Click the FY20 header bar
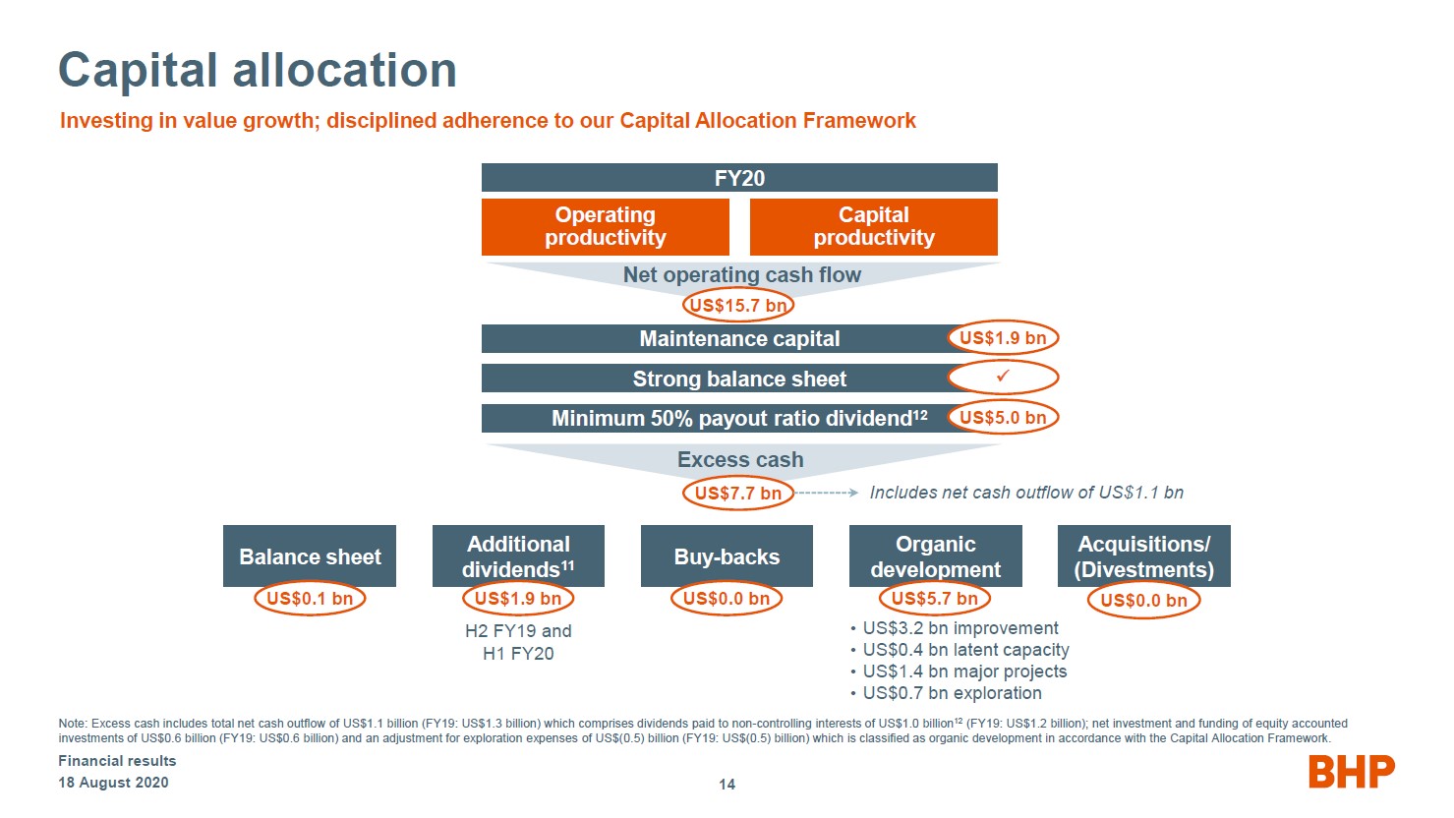coord(739,177)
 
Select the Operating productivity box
coord(605,226)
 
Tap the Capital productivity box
coord(874,226)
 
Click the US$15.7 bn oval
coord(738,305)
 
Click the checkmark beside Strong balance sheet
coord(1003,376)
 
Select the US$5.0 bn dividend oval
coord(1003,417)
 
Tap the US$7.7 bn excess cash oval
coord(738,494)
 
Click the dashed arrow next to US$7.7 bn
coord(827,493)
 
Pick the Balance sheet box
coord(310,555)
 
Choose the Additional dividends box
coord(518,555)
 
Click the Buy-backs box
coord(727,555)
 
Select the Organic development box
coord(935,555)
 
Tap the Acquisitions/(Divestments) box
coord(1143,555)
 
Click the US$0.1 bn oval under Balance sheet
coord(310,599)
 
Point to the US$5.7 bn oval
coord(935,599)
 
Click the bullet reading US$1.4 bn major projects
coord(959,672)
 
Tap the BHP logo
coord(1352,772)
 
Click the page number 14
coord(727,785)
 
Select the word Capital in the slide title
coord(138,70)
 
